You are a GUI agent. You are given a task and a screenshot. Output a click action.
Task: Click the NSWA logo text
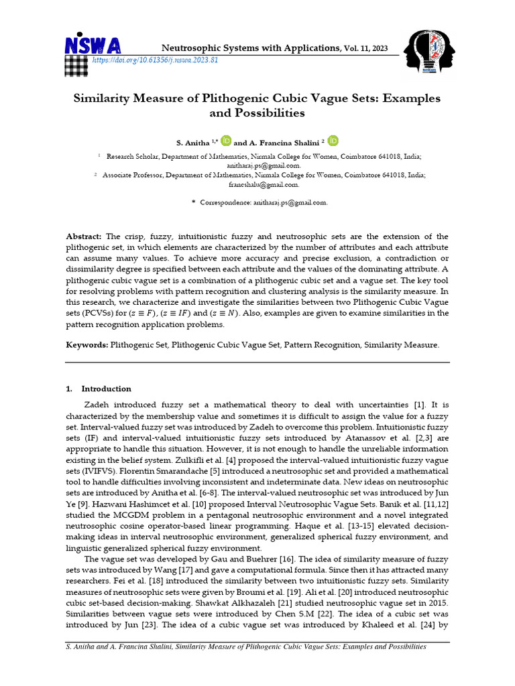click(x=93, y=46)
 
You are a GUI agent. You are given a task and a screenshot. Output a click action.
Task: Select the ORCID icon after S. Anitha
click(x=226, y=141)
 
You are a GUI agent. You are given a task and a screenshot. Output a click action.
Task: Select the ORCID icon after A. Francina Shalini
click(x=333, y=141)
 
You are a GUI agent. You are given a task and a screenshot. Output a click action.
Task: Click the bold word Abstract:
click(x=84, y=237)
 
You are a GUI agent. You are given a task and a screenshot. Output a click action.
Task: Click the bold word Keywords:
click(x=87, y=345)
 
